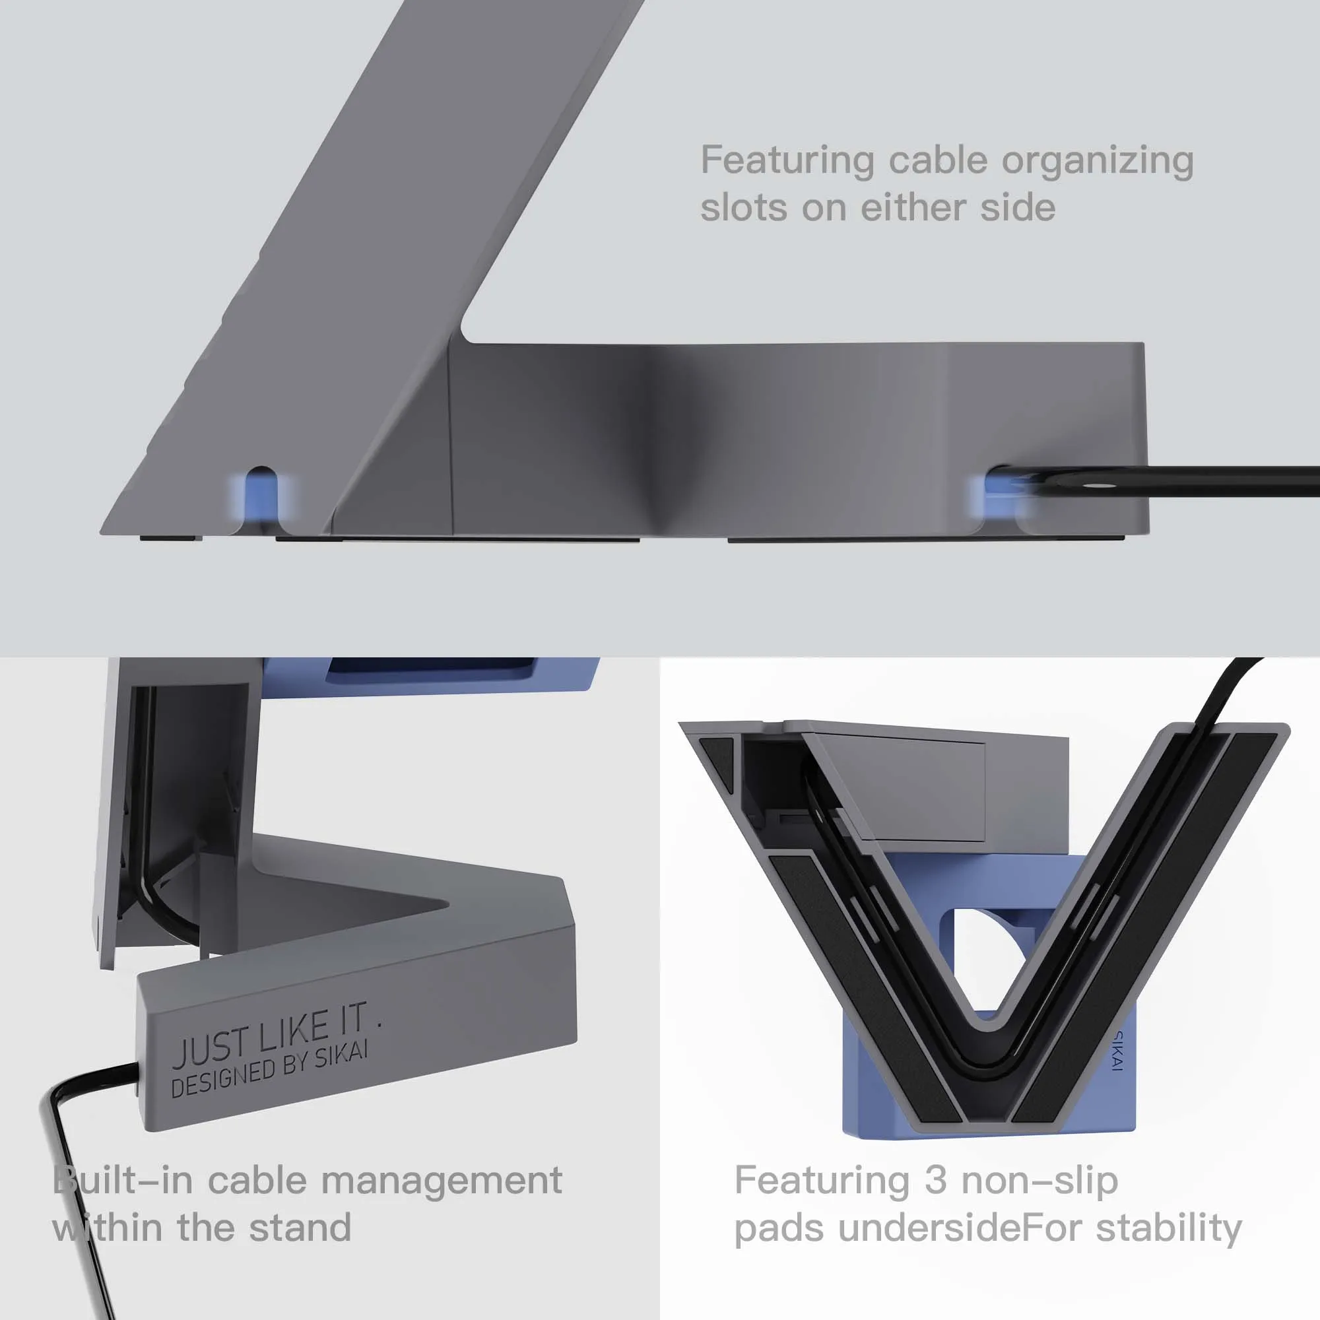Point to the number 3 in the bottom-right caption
click(935, 1180)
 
